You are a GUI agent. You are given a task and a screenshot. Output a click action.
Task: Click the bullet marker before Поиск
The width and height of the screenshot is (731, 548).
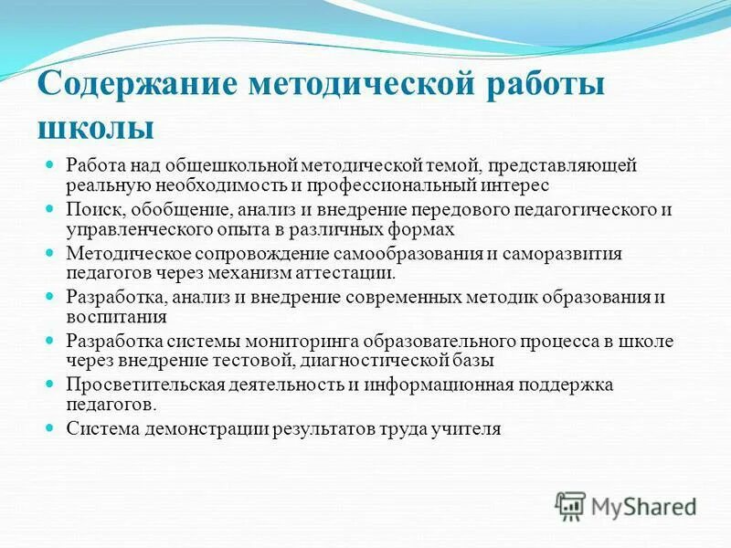click(x=51, y=210)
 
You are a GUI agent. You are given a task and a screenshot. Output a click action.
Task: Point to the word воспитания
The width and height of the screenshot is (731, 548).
click(x=115, y=316)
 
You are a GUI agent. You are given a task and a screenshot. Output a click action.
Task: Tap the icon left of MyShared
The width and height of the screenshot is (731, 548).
click(x=570, y=505)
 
